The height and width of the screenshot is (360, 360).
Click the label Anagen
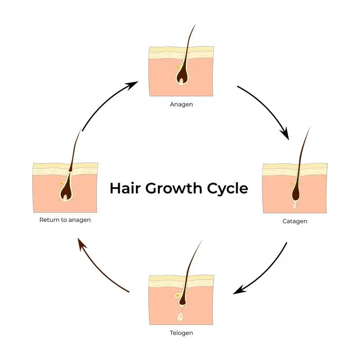tap(181, 104)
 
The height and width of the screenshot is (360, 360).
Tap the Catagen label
tap(295, 221)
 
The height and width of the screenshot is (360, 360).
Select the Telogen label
tap(181, 333)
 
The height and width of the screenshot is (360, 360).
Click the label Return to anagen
tap(65, 220)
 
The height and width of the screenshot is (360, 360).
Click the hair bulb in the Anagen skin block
tap(181, 76)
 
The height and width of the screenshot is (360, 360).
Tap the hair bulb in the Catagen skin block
tap(296, 193)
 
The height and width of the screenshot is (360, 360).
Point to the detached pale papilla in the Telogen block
tap(180, 316)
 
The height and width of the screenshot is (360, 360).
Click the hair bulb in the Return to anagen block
tap(66, 193)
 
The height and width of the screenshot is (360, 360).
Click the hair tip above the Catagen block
tap(310, 128)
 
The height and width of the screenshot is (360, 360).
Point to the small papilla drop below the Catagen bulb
tap(295, 205)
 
